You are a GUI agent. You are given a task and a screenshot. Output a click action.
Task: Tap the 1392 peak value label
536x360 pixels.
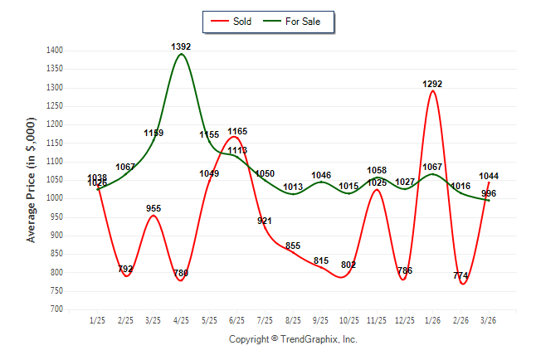(x=181, y=47)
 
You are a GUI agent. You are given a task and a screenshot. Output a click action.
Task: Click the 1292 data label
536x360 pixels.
(x=433, y=84)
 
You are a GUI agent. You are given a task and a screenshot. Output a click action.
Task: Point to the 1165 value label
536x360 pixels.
(x=237, y=131)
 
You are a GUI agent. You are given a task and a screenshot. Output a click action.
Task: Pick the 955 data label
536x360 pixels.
(x=153, y=209)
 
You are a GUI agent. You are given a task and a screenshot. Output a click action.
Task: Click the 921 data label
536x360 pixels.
(x=265, y=221)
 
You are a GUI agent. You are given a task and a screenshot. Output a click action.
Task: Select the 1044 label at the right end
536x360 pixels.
(x=489, y=176)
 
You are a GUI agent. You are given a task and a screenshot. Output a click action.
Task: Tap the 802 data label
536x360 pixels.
(x=348, y=265)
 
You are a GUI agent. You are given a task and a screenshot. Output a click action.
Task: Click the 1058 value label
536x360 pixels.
(x=377, y=170)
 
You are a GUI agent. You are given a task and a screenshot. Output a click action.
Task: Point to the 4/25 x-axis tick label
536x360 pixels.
(x=181, y=320)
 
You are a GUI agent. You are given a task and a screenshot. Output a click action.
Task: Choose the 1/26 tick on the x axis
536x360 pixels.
(x=433, y=320)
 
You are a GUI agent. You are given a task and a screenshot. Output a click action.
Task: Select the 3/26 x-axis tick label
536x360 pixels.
(x=489, y=320)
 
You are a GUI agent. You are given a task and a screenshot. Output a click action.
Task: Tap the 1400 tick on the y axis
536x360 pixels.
(x=54, y=51)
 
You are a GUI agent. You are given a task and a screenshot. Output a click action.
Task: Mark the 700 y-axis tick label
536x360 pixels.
(x=56, y=309)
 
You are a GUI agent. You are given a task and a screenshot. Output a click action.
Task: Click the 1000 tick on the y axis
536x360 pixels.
(x=54, y=198)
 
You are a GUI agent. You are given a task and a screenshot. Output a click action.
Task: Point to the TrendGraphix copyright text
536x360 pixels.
(x=293, y=339)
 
